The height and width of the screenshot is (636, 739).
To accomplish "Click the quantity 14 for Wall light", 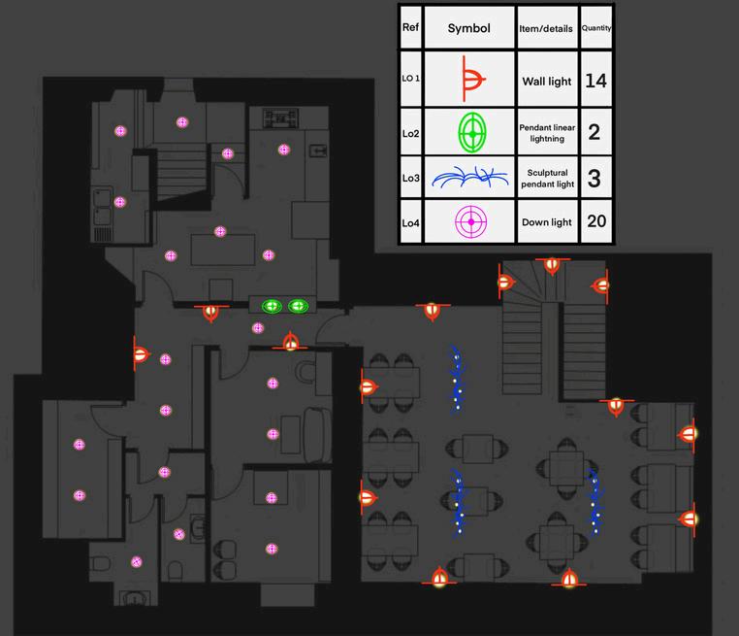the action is [595, 81].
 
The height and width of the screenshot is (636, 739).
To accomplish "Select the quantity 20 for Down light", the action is [595, 221].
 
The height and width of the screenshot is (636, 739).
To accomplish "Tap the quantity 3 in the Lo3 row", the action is [595, 178].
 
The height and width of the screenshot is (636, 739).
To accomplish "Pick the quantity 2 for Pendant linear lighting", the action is [595, 132].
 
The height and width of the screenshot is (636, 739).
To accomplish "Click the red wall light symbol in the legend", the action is [471, 82].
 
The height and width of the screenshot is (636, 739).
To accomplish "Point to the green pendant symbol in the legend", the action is [470, 131].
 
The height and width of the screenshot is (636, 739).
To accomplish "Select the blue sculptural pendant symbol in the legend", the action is [469, 178].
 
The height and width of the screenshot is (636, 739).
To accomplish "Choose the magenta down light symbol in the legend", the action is [469, 222].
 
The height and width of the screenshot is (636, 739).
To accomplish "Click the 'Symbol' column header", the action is [469, 28].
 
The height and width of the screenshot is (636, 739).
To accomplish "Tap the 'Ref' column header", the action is [409, 27].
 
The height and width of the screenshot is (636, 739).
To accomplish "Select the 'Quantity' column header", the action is [595, 28].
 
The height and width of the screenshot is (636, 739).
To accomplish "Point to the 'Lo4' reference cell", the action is [410, 223].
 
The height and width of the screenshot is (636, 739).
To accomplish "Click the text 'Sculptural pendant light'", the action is [546, 178].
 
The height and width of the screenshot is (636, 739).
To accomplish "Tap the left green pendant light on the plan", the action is [272, 306].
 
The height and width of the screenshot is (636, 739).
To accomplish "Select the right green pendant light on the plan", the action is [297, 306].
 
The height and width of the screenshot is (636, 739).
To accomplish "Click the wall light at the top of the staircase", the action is [552, 264].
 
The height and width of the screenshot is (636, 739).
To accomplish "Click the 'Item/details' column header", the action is [546, 28].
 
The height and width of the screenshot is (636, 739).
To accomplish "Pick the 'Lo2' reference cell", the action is [410, 132].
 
